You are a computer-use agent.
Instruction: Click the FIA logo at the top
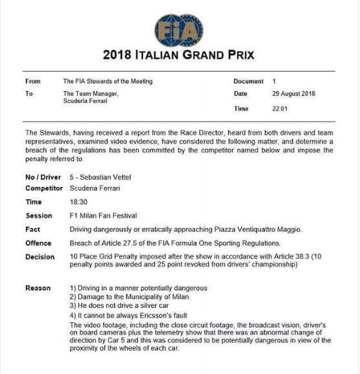179,30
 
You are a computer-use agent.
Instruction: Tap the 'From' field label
32,82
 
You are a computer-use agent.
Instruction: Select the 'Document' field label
249,82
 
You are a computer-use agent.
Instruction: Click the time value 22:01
280,109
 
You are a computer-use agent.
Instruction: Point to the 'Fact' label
32,229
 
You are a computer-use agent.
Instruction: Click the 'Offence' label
38,243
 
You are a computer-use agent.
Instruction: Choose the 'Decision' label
39,256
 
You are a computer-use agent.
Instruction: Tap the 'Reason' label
37,288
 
